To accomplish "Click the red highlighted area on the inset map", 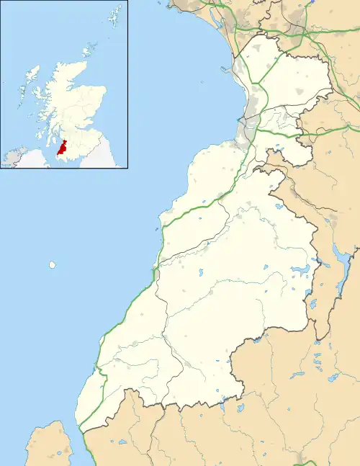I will pos(63,147).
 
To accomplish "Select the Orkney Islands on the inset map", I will pos(89,50).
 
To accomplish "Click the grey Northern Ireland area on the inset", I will pos(14,156).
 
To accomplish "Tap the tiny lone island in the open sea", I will pos(53,265).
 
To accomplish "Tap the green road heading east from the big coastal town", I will pos(281,133).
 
